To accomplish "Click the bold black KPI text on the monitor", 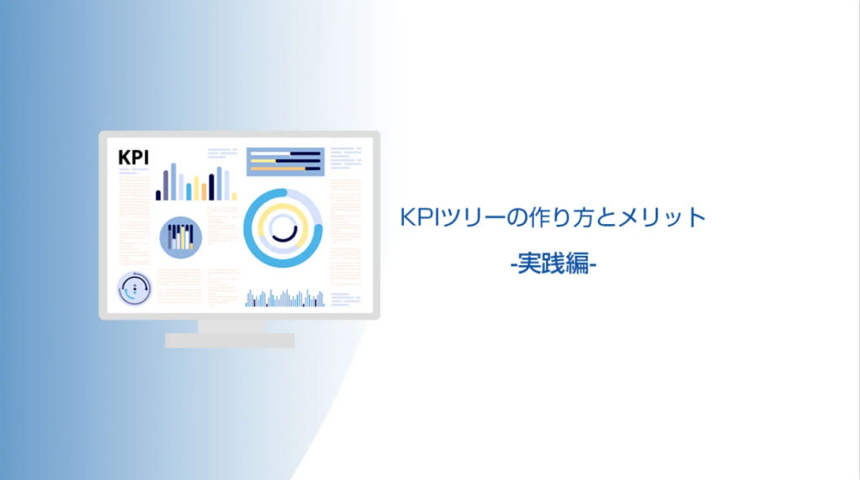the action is click(134, 158).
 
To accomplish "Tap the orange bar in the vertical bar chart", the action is click(204, 192).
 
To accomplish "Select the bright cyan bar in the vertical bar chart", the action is click(189, 192).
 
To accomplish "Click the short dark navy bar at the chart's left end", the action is click(159, 195).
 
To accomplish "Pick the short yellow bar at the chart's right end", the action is click(234, 196).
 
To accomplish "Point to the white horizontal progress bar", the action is click(270, 154).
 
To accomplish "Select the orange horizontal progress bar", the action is click(277, 169).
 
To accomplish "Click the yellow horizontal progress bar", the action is click(263, 161).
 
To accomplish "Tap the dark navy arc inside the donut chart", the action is click(286, 234).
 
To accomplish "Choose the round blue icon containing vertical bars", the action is click(181, 237).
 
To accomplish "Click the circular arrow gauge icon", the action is click(134, 289).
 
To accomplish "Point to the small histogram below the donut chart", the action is click(286, 299).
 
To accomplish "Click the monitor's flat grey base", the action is click(230, 340).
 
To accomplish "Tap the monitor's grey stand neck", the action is click(231, 326).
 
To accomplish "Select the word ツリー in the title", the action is click(473, 217).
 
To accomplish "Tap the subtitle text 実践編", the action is click(553, 263).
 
